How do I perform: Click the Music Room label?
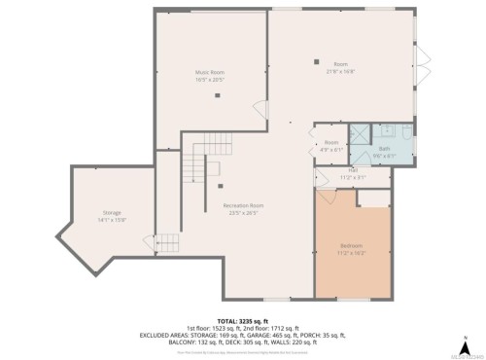pos(211,73)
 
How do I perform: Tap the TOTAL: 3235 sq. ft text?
pos(243,319)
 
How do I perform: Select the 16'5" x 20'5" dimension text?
pos(211,79)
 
